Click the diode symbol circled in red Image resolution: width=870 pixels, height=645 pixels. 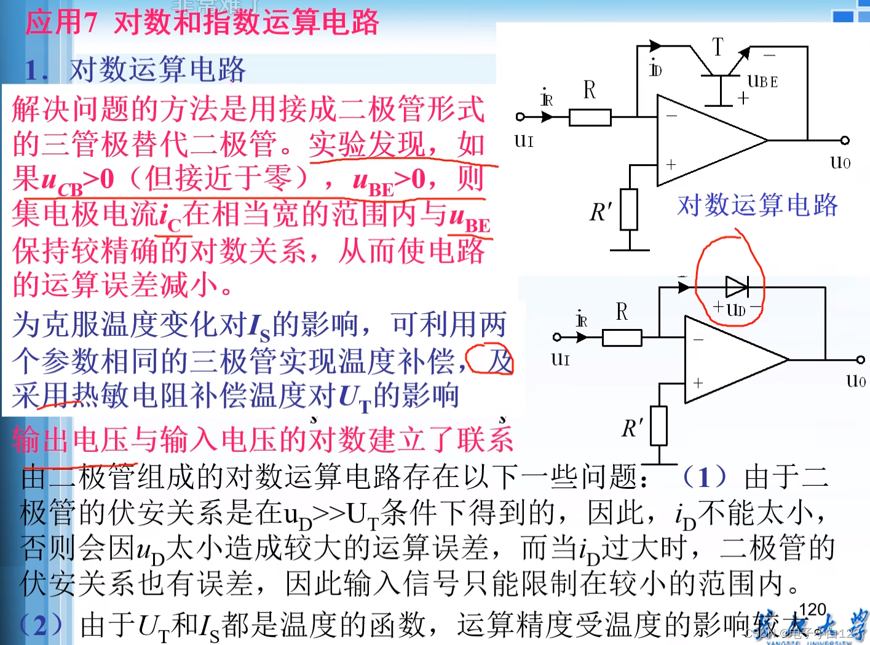pyautogui.click(x=737, y=287)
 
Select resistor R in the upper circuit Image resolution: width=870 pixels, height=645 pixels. pyautogui.click(x=590, y=117)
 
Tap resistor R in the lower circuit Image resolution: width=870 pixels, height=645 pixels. pyautogui.click(x=622, y=338)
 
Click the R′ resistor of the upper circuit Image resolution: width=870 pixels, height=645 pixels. pyautogui.click(x=628, y=210)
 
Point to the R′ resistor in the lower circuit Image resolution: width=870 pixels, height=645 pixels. pyautogui.click(x=658, y=425)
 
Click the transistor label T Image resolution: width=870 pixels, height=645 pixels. pyautogui.click(x=718, y=47)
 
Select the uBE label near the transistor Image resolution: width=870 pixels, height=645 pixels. pyautogui.click(x=762, y=81)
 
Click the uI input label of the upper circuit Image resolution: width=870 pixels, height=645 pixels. pyautogui.click(x=524, y=141)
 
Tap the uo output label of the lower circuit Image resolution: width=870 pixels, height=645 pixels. pyautogui.click(x=856, y=381)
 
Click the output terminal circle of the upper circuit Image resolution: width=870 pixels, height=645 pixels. pyautogui.click(x=845, y=141)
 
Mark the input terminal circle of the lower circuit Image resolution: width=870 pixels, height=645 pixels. pyautogui.click(x=557, y=337)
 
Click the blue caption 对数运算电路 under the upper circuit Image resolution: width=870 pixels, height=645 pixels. pyautogui.click(x=757, y=205)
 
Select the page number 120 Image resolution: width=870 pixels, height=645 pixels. pyautogui.click(x=812, y=609)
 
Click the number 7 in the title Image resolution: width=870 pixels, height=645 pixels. pyautogui.click(x=90, y=23)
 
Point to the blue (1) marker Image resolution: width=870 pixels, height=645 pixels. pyautogui.click(x=705, y=477)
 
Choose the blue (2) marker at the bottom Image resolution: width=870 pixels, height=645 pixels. pyautogui.click(x=41, y=625)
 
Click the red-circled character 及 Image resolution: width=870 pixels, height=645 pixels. pyautogui.click(x=499, y=361)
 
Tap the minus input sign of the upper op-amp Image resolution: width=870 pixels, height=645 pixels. pyautogui.click(x=671, y=116)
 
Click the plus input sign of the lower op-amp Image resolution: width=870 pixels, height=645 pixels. pyautogui.click(x=698, y=383)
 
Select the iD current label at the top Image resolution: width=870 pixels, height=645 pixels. pyautogui.click(x=655, y=69)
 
